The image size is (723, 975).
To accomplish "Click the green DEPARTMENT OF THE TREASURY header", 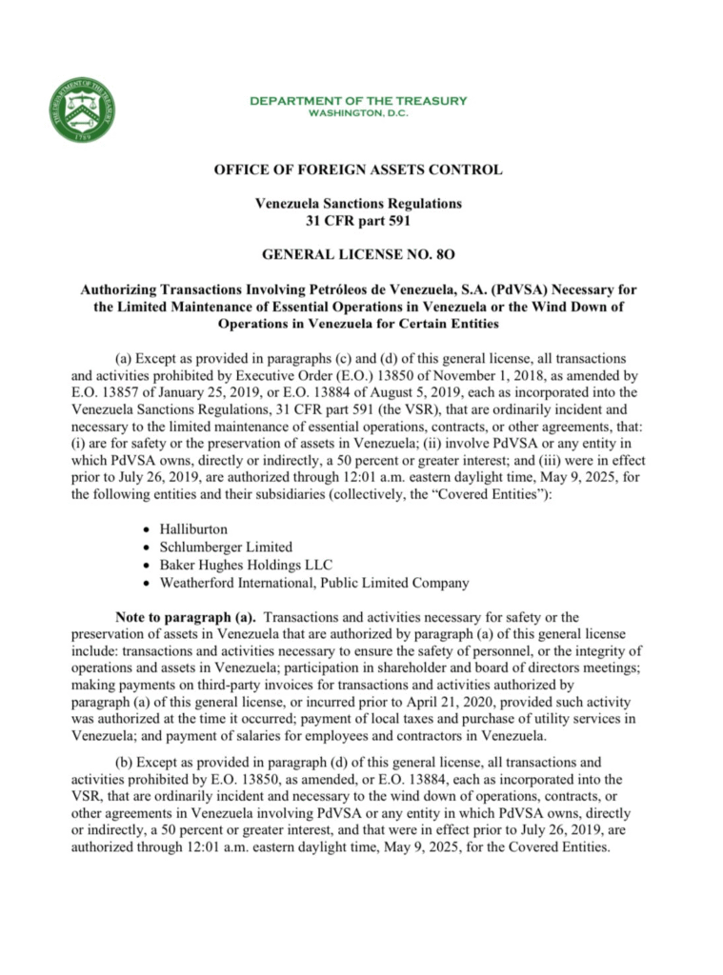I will [x=358, y=101].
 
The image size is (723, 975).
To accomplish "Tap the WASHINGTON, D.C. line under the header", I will [x=358, y=113].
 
